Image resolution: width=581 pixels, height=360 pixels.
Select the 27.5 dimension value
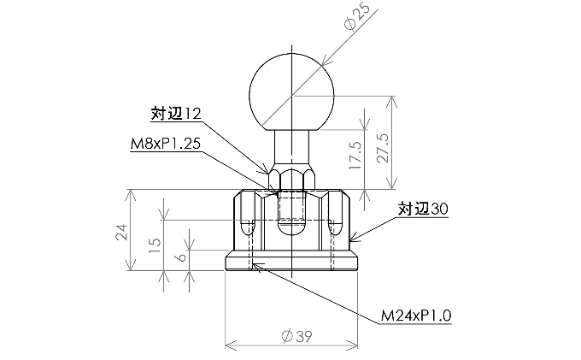[x=383, y=142]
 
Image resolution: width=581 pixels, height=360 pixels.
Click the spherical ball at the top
[x=292, y=90]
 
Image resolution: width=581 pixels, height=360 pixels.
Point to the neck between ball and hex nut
[x=292, y=146]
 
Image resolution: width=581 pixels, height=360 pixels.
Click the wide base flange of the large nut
[x=292, y=262]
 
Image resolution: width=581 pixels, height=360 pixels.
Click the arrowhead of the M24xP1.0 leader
[x=256, y=264]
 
